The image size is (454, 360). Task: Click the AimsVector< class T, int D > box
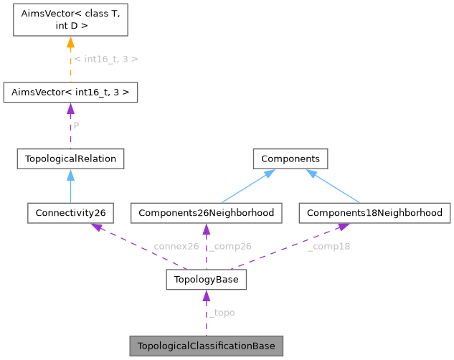(70, 22)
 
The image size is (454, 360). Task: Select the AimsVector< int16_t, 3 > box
(70, 93)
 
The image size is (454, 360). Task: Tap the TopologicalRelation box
(70, 158)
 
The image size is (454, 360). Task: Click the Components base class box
(290, 158)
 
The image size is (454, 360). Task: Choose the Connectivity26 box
(70, 213)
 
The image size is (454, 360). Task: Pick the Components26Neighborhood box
(207, 213)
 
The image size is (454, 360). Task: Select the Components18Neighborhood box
(375, 213)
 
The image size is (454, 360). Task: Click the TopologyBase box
(207, 280)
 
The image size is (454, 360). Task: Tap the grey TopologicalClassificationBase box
(207, 346)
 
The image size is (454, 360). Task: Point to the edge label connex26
(176, 246)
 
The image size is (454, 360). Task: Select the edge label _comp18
(328, 246)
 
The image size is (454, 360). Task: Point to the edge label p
(77, 124)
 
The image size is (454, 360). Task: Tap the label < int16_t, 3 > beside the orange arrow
(106, 59)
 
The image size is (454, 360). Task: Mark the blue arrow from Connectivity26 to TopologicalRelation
(70, 186)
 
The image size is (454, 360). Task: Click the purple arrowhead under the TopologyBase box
(207, 296)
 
